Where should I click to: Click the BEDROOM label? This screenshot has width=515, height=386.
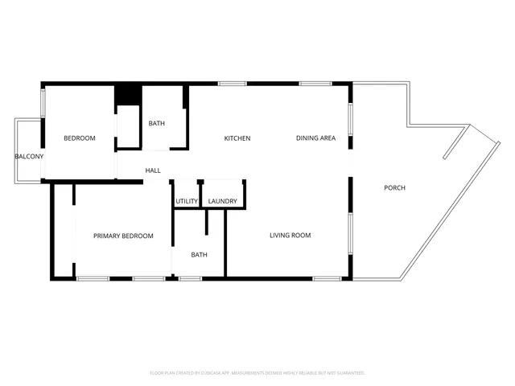point(80,138)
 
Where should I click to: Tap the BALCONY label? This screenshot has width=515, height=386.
point(29,156)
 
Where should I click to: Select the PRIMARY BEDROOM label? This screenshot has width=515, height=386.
point(123,236)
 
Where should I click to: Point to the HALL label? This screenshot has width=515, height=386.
point(153,170)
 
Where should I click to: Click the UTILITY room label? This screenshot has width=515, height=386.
point(187,201)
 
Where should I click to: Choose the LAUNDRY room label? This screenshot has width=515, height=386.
point(222,201)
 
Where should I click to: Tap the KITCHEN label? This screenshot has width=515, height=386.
point(237,138)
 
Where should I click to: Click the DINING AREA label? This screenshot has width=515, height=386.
point(315,138)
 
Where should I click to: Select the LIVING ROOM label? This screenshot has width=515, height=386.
point(290,235)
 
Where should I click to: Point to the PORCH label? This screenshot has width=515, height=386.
point(394,187)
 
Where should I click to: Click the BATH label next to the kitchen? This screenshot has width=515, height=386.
point(156,123)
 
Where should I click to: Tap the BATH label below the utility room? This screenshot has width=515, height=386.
point(199,255)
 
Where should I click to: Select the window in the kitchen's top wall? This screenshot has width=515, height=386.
point(233,83)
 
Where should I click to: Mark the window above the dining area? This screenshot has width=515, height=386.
point(315,83)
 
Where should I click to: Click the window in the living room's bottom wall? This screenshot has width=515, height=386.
point(325,279)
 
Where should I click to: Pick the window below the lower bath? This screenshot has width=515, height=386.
point(190,279)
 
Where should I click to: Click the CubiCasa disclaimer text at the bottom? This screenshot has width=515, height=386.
point(257,373)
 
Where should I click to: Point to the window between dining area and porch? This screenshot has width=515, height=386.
point(350,121)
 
